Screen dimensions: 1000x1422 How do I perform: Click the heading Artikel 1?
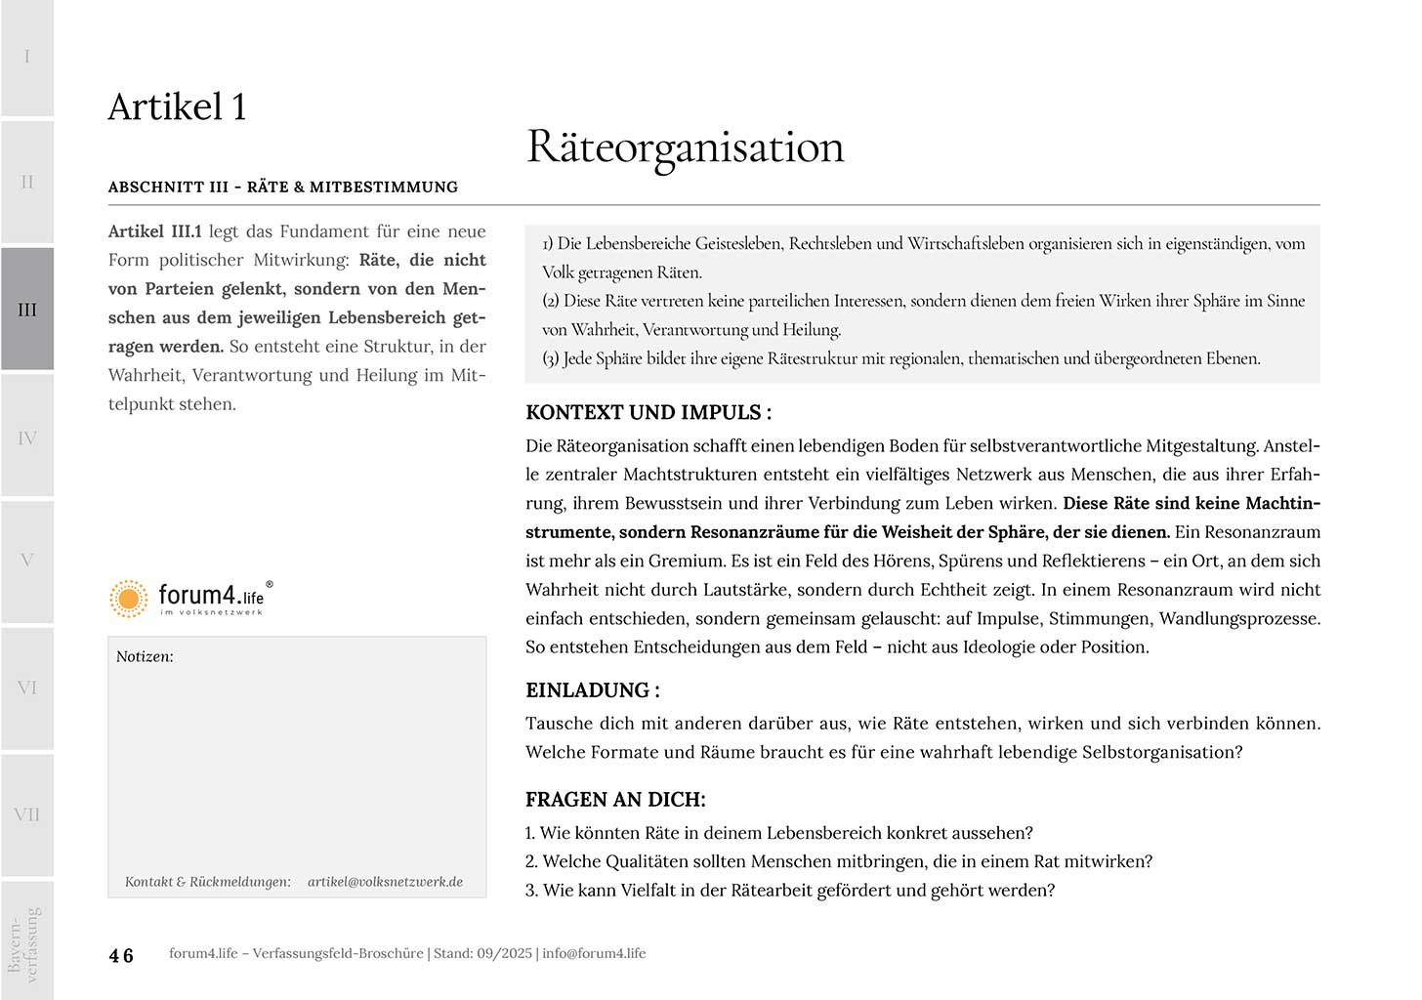177,107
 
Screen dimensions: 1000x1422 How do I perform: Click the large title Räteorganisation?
686,147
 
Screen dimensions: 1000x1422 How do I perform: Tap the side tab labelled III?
27,310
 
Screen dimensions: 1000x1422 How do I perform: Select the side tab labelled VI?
27,688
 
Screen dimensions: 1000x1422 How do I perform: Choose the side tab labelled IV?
27,438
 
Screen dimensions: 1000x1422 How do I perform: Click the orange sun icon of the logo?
128,599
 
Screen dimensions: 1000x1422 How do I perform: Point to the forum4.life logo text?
211,596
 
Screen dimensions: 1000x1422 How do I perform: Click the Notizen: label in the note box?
145,657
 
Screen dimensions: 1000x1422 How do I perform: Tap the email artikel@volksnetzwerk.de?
385,882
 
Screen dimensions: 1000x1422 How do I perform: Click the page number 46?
121,956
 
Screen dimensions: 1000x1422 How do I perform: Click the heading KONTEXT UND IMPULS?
648,413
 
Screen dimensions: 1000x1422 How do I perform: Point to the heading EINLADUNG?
592,690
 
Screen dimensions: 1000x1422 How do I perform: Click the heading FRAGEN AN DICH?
615,800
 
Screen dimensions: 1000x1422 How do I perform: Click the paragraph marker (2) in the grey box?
551,302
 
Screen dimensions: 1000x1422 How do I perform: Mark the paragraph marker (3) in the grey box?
551,359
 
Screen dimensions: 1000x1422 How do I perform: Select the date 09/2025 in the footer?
504,953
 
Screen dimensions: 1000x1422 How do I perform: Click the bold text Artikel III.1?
155,231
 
